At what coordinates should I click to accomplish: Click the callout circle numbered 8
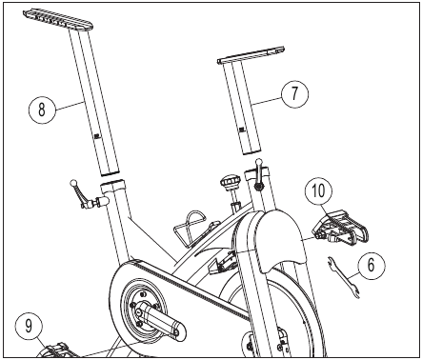click(42, 110)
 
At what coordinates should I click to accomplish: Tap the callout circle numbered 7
click(295, 94)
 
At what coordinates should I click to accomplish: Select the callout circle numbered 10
click(318, 191)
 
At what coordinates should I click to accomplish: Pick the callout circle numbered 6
click(371, 266)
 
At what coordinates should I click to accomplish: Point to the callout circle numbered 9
click(29, 327)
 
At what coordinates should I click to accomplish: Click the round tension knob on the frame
click(230, 185)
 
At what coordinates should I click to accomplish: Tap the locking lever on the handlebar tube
click(260, 174)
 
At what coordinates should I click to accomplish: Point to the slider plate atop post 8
click(57, 20)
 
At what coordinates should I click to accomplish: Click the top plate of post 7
click(251, 55)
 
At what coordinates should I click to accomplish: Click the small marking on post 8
click(97, 136)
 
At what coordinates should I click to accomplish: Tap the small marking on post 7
click(242, 130)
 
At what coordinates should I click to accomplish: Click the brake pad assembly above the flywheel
click(222, 262)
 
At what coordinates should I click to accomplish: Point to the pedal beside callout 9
click(57, 350)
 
